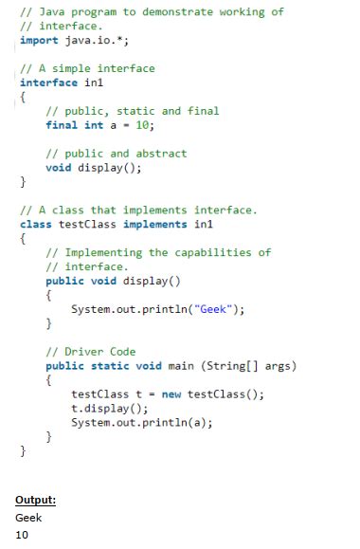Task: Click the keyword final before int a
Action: (63, 125)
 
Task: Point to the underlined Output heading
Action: (36, 500)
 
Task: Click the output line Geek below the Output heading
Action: (28, 518)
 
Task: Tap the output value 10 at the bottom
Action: (23, 535)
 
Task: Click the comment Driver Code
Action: (91, 352)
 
